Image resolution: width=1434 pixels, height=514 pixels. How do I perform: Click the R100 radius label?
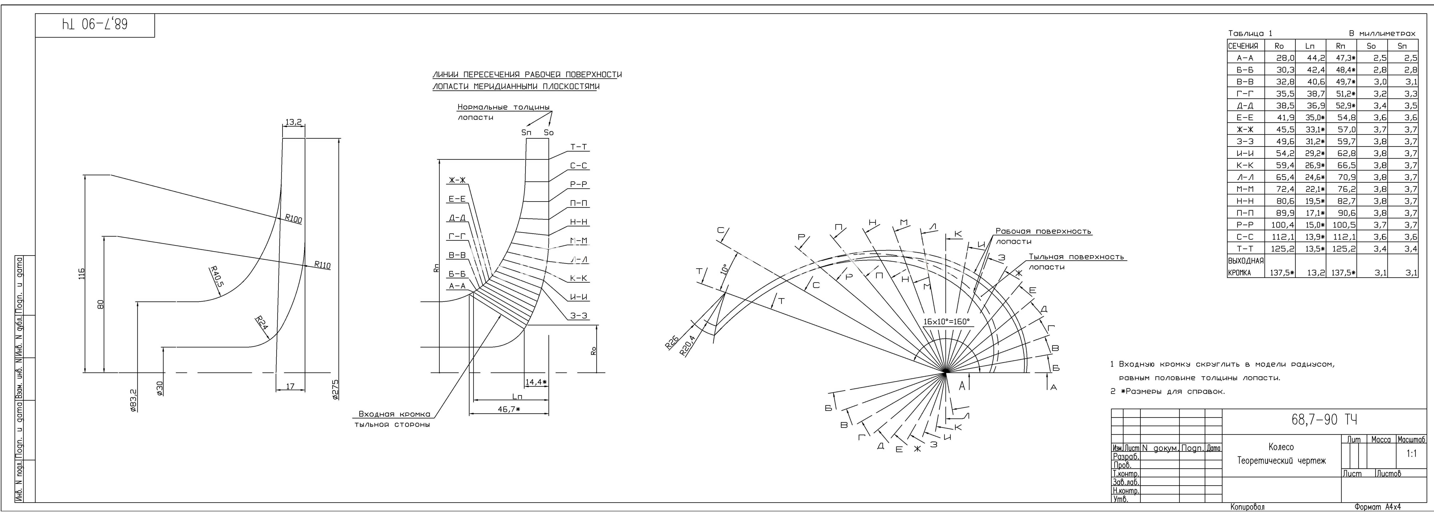tap(293, 219)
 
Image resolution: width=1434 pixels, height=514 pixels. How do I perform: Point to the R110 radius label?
tap(322, 265)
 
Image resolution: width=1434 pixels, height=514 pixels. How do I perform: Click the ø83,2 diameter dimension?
tap(134, 400)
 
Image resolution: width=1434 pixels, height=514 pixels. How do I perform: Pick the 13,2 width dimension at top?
tap(293, 122)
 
